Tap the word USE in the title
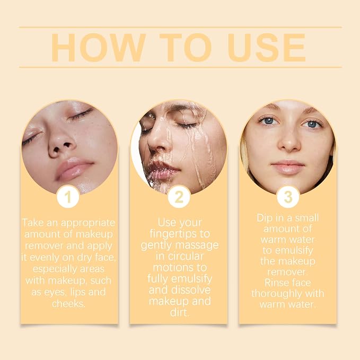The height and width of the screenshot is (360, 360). coord(266,48)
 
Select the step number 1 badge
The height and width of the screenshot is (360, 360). coord(68,197)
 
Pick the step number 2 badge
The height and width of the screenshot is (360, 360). coord(179,197)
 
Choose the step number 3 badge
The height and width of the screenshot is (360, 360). coord(288,197)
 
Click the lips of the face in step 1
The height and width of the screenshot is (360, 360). coord(74,169)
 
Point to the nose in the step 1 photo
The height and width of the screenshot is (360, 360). coord(62,145)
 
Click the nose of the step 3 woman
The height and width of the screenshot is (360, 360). coord(289,142)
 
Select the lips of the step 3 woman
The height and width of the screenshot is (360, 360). coord(288,168)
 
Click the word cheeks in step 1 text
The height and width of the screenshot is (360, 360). coord(68,304)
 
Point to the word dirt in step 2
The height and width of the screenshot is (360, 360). coord(180,313)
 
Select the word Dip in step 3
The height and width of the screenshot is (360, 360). coord(264,218)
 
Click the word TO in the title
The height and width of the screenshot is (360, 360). coord(186,48)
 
